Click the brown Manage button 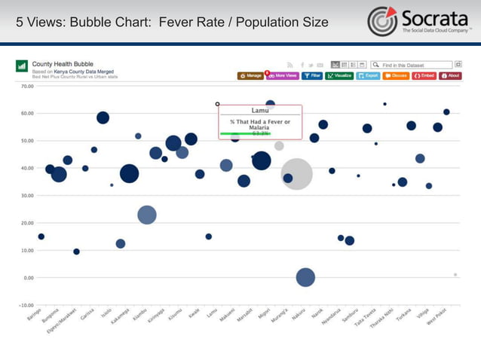tap(250, 76)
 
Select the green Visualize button tap(339, 76)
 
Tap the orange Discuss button tap(396, 76)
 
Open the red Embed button tap(424, 76)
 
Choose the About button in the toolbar tap(451, 76)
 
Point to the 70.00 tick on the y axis tap(27, 86)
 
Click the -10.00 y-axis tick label tap(26, 305)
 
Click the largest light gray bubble tap(296, 174)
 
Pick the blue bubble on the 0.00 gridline tap(305, 277)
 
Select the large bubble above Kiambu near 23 tap(147, 215)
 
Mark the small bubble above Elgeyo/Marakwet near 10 tap(76, 252)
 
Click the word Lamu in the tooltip tap(259, 111)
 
